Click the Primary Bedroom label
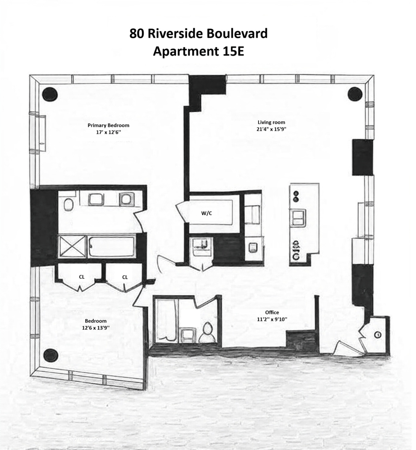(x=108, y=125)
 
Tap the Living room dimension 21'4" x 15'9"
(x=271, y=129)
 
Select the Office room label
(x=271, y=312)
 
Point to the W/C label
(x=206, y=213)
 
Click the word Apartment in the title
(x=184, y=51)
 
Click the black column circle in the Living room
(x=355, y=94)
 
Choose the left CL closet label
(x=81, y=277)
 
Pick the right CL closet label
(x=125, y=277)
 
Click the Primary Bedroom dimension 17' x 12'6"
(x=108, y=132)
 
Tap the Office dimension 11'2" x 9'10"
(x=271, y=319)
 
